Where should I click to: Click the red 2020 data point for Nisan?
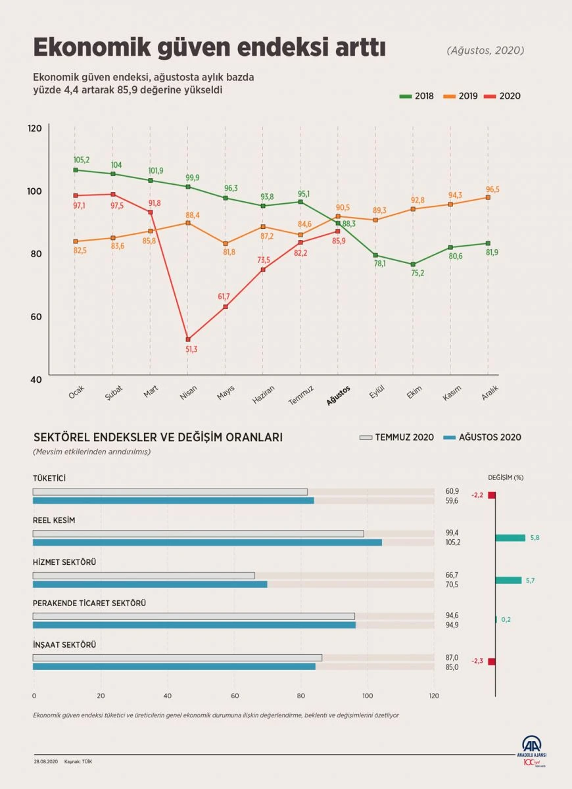click(188, 339)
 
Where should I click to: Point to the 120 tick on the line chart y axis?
click(35, 128)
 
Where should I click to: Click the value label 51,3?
click(191, 350)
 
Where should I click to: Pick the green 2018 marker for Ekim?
click(413, 264)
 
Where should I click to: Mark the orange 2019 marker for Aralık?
click(488, 197)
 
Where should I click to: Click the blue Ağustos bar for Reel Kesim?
click(207, 542)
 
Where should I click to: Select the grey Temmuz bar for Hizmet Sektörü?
click(143, 575)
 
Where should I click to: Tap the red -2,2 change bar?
click(491, 495)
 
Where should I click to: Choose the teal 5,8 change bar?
click(510, 538)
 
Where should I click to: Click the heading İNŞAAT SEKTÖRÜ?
click(64, 645)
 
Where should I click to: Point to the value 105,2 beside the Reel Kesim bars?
click(452, 543)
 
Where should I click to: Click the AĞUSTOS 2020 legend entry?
click(483, 437)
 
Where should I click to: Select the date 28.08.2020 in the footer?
click(46, 761)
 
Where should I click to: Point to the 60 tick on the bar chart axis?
click(234, 696)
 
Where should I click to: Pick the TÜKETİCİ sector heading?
click(49, 478)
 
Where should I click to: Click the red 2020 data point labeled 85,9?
click(338, 231)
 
